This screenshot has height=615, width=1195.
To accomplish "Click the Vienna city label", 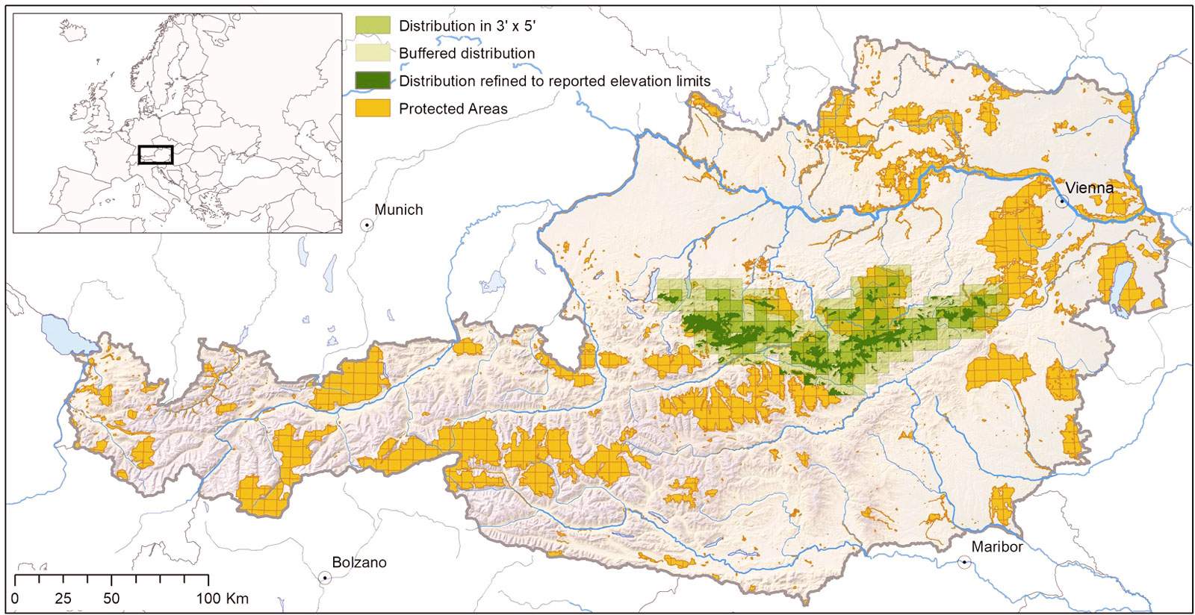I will pyautogui.click(x=1089, y=188).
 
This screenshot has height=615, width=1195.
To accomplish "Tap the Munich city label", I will pyautogui.click(x=398, y=210).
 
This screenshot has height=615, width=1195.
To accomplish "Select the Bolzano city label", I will pyautogui.click(x=359, y=563).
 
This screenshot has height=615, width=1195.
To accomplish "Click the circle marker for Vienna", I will pyautogui.click(x=1061, y=202).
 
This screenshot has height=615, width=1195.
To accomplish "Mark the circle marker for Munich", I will pyautogui.click(x=367, y=224).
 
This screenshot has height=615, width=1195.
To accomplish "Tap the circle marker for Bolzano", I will pyautogui.click(x=325, y=578).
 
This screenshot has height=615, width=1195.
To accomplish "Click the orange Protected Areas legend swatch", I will pyautogui.click(x=372, y=108).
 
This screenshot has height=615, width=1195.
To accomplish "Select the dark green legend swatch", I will pyautogui.click(x=372, y=81).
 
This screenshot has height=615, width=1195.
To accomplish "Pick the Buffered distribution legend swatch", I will pyautogui.click(x=372, y=53).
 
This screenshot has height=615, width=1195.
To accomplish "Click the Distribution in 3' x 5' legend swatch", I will pyautogui.click(x=372, y=25).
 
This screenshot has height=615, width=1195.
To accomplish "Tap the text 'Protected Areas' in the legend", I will pyautogui.click(x=453, y=109).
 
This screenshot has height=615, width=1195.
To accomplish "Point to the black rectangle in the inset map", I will pyautogui.click(x=155, y=154).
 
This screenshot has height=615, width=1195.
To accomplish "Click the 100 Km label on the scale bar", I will pyautogui.click(x=223, y=599).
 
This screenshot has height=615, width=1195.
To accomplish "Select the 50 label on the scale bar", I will pyautogui.click(x=111, y=599).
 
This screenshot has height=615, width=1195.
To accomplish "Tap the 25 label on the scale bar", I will pyautogui.click(x=63, y=599).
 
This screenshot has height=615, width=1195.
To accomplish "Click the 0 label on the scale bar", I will pyautogui.click(x=15, y=599).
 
